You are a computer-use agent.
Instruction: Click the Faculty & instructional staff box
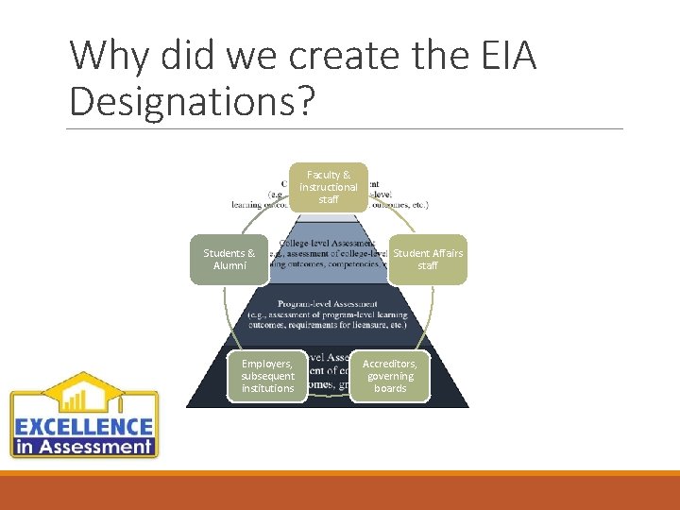[x=329, y=187]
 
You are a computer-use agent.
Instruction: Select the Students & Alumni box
[x=229, y=260]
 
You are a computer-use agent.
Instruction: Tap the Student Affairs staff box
[x=428, y=260]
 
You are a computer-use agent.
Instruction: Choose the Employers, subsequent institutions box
[x=267, y=376]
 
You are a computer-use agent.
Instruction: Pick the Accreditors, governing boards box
[x=390, y=376]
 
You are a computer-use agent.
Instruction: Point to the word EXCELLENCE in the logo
[x=84, y=427]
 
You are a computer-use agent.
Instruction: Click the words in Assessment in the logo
[x=84, y=447]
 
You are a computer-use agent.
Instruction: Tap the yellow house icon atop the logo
[x=83, y=393]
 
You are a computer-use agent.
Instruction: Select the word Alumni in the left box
[x=229, y=266]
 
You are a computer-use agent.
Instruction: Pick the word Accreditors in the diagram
[x=390, y=364]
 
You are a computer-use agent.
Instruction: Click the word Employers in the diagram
[x=266, y=364]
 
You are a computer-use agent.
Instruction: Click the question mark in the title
[x=302, y=101]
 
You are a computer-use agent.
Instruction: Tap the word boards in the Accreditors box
[x=390, y=388]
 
